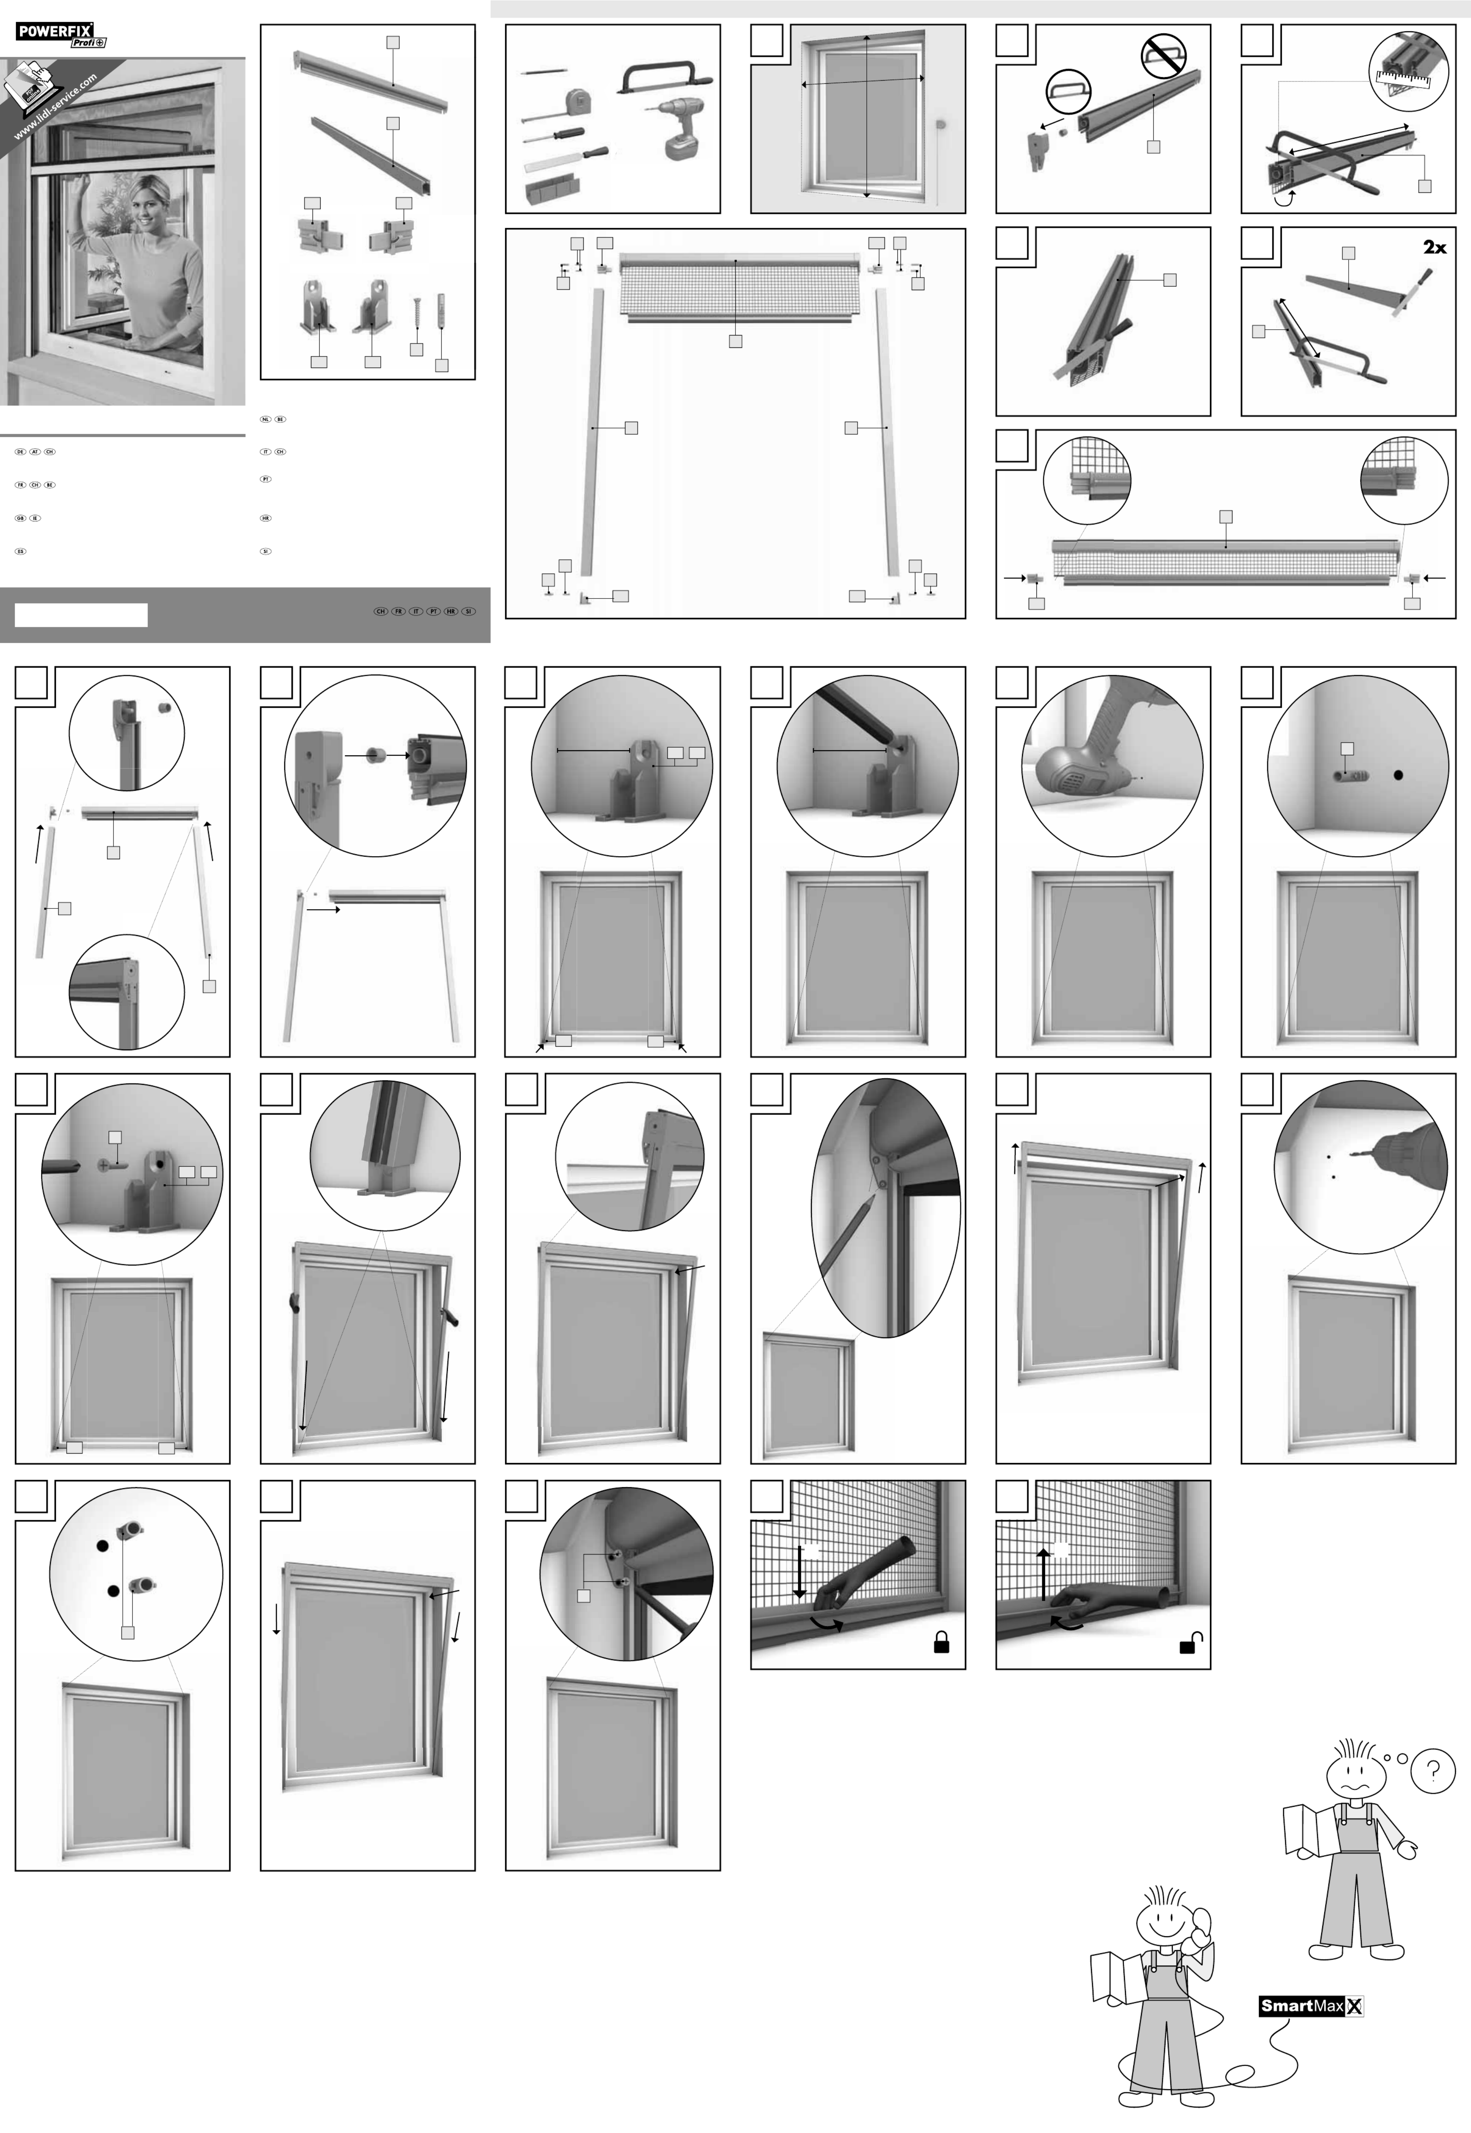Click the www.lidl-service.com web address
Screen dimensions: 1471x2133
[55, 109]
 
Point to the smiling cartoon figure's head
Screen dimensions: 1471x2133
[1165, 1922]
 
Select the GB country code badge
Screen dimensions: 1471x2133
[20, 518]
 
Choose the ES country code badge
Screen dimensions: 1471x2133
[20, 551]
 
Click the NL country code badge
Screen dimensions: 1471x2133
[265, 420]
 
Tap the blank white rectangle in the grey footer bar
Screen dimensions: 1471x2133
[81, 615]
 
